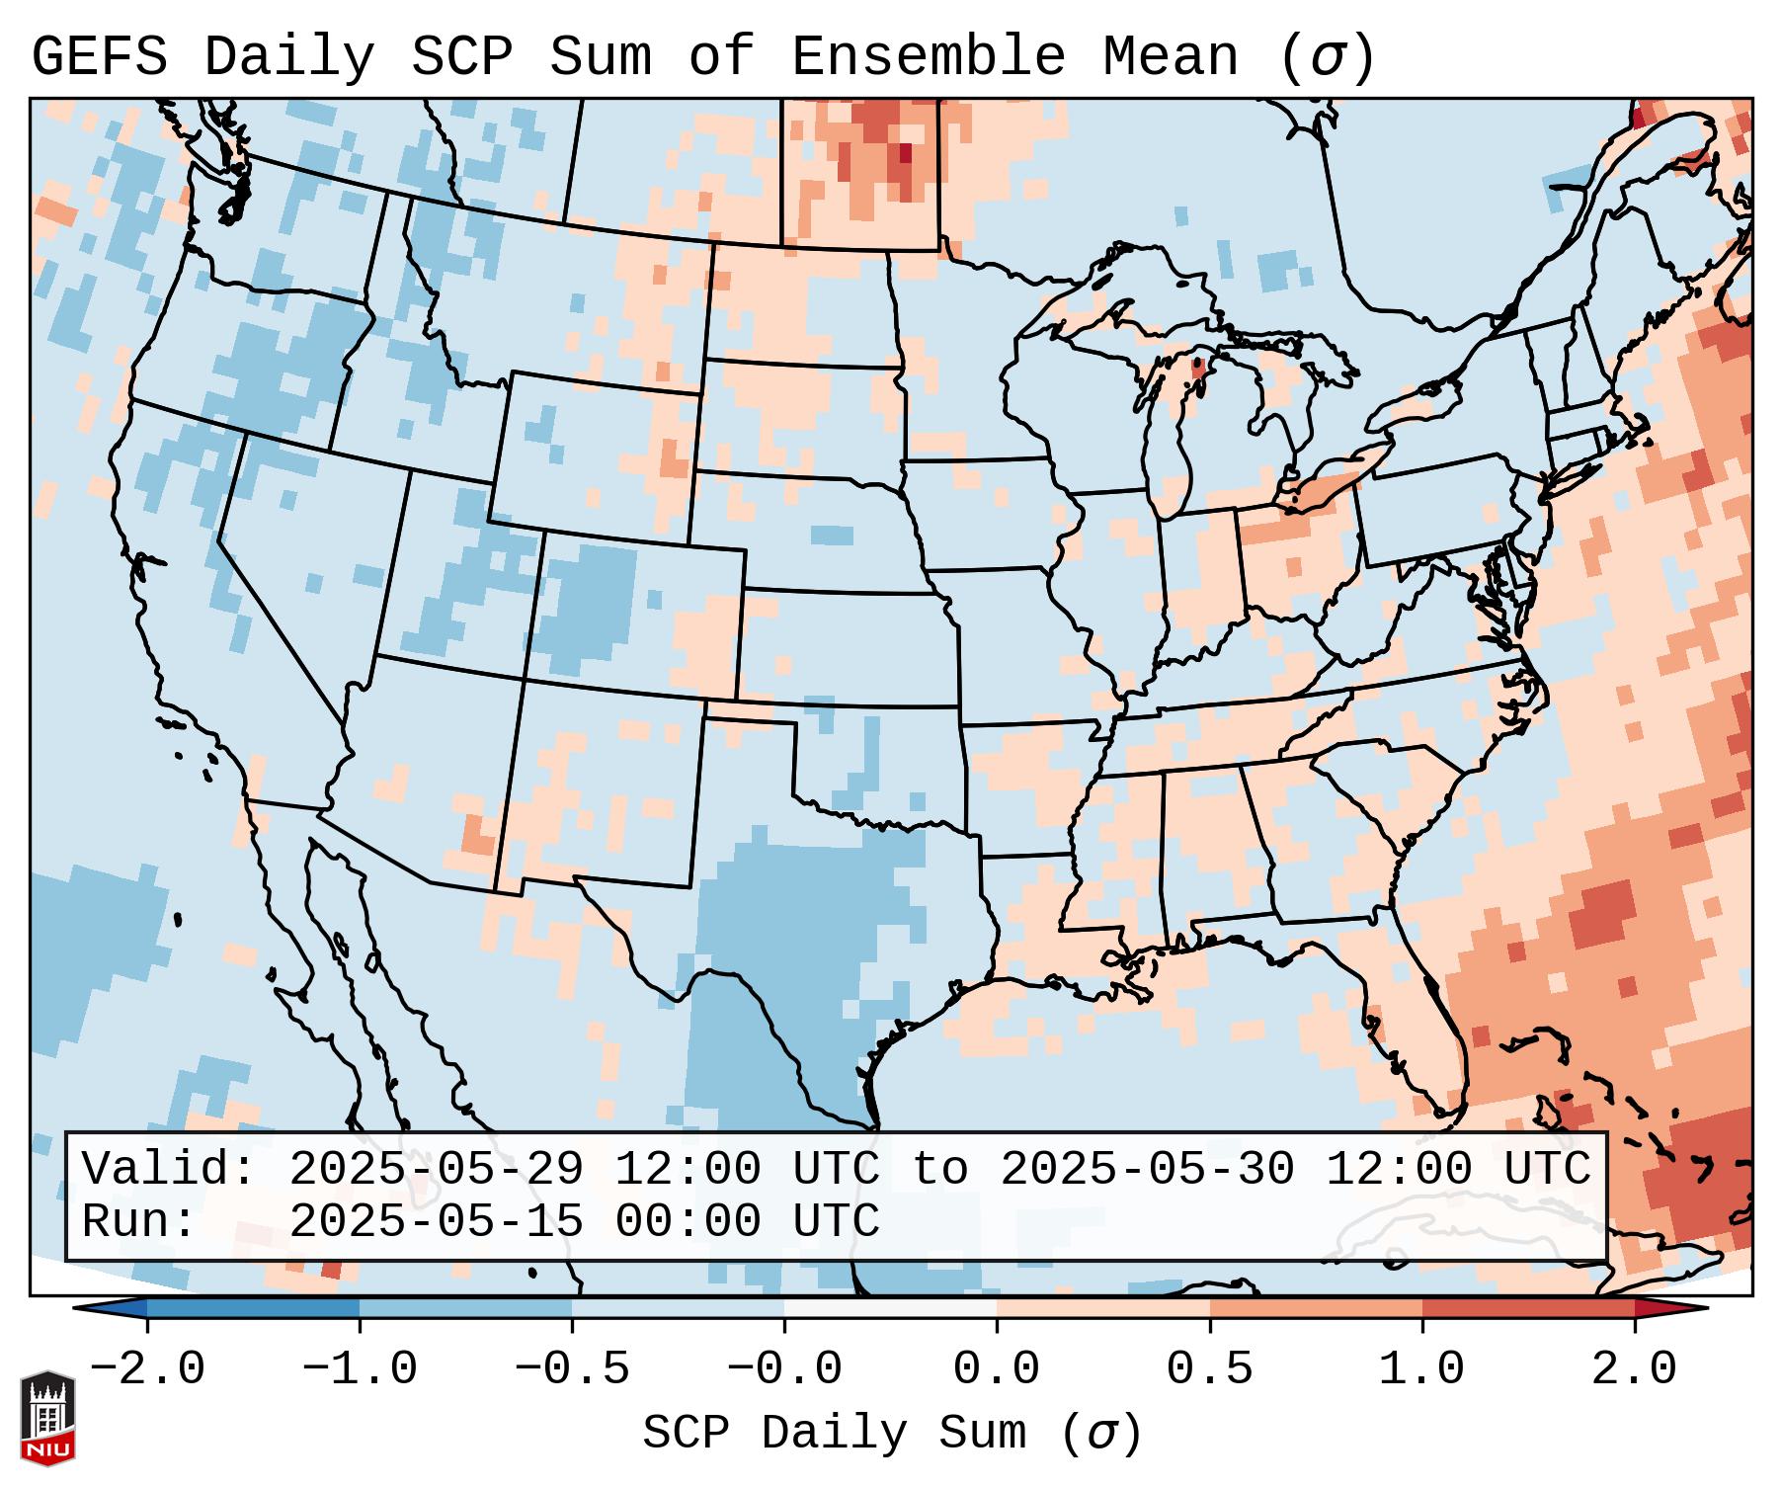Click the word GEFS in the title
100,56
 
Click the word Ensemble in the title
928,56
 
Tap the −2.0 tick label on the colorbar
147,1369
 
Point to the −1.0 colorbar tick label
360,1369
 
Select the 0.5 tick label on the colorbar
1209,1369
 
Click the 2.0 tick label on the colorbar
1634,1369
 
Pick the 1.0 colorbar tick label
1421,1369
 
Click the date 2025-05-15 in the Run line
436,1221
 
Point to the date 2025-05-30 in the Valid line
1147,1170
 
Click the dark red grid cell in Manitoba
905,153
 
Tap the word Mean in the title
1171,56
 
